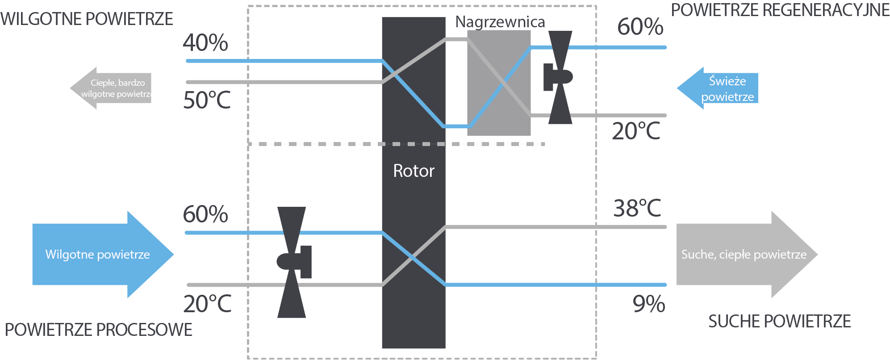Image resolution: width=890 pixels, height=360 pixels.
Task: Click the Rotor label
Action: click(x=414, y=171)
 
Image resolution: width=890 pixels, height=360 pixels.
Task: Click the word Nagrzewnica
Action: click(x=500, y=22)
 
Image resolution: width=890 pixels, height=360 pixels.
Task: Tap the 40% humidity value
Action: click(x=205, y=43)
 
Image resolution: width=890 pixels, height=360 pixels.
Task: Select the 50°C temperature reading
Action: click(x=207, y=100)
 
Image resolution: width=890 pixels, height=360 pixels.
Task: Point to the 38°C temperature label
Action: click(x=637, y=208)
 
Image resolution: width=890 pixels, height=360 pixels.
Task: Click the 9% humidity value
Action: click(x=649, y=304)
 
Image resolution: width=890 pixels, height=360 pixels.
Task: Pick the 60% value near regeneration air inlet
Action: click(x=640, y=27)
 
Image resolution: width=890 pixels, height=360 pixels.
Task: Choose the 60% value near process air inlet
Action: click(x=205, y=214)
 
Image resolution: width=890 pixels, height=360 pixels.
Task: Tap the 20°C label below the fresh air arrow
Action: click(x=636, y=131)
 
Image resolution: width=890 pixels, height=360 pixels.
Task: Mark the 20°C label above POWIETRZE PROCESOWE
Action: click(x=207, y=304)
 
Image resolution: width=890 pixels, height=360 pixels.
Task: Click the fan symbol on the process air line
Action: click(x=292, y=262)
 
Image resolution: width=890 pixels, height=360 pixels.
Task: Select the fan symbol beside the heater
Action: click(x=559, y=77)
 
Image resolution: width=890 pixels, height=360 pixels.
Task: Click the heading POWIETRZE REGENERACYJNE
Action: click(x=780, y=10)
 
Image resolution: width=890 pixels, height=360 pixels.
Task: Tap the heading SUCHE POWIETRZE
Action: click(x=779, y=322)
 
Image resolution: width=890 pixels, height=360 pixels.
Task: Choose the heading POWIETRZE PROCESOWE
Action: click(x=98, y=330)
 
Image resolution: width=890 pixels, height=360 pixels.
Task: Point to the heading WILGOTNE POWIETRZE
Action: click(x=87, y=19)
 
